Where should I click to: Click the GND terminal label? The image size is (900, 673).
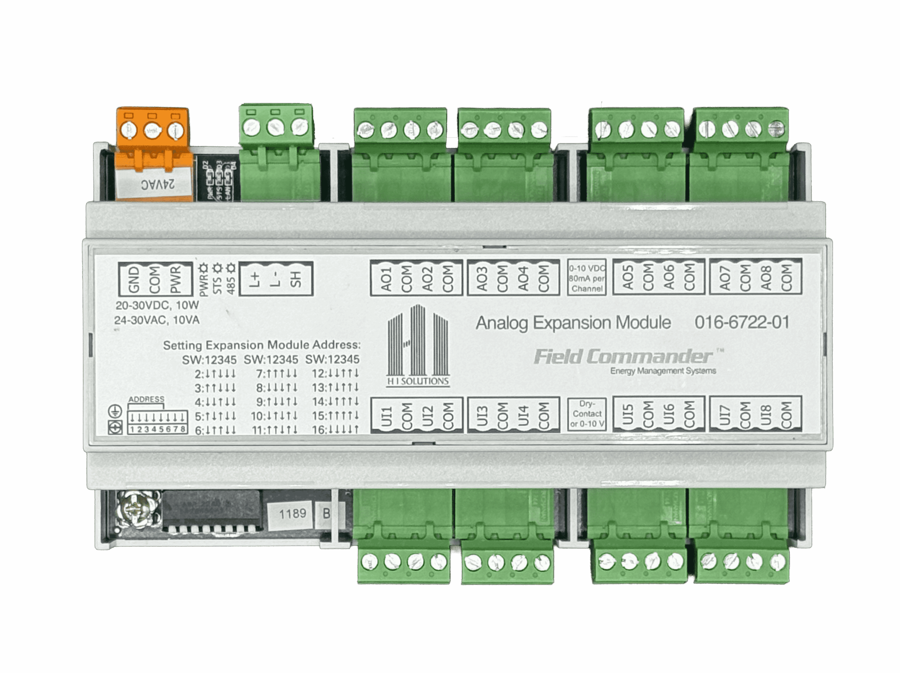click(x=134, y=279)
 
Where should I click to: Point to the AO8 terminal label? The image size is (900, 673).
click(x=766, y=278)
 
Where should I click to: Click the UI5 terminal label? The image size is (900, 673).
click(x=629, y=414)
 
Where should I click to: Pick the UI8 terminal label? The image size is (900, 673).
click(x=766, y=414)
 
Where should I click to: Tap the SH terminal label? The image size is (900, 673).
click(x=296, y=279)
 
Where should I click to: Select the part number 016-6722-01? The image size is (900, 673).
click(x=742, y=323)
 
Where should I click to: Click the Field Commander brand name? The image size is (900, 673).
click(x=623, y=357)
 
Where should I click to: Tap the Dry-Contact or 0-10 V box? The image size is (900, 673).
click(x=587, y=414)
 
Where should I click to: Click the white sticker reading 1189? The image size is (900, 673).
click(x=292, y=514)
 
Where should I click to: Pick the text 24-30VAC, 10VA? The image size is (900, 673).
click(x=157, y=320)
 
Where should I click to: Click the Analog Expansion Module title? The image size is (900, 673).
click(x=573, y=323)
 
